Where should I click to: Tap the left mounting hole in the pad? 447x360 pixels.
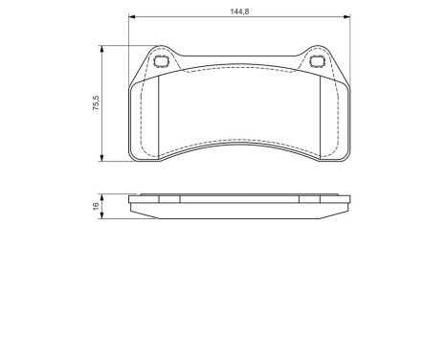[x=161, y=63]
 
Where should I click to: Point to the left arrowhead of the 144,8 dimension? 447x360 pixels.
[x=131, y=16]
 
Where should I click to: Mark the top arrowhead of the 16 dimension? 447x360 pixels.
[x=103, y=196]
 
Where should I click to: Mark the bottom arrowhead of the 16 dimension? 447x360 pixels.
[x=103, y=216]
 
